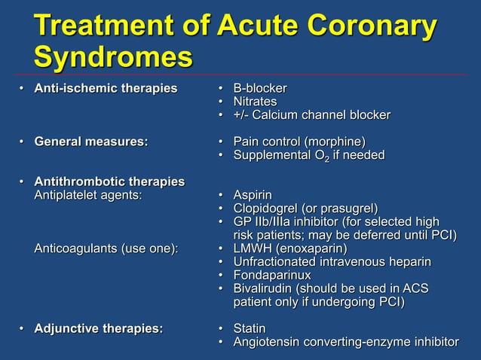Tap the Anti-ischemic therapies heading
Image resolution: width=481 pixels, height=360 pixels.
106,88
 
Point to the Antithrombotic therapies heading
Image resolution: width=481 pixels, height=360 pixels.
109,182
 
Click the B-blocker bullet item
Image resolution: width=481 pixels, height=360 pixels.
259,88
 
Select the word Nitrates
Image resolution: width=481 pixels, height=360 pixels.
255,102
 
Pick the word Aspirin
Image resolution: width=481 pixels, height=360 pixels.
253,196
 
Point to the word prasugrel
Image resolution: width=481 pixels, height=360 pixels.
348,209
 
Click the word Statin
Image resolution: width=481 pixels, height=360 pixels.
250,328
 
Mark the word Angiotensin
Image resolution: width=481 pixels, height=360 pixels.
268,342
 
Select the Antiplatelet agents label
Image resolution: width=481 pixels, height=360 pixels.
88,196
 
